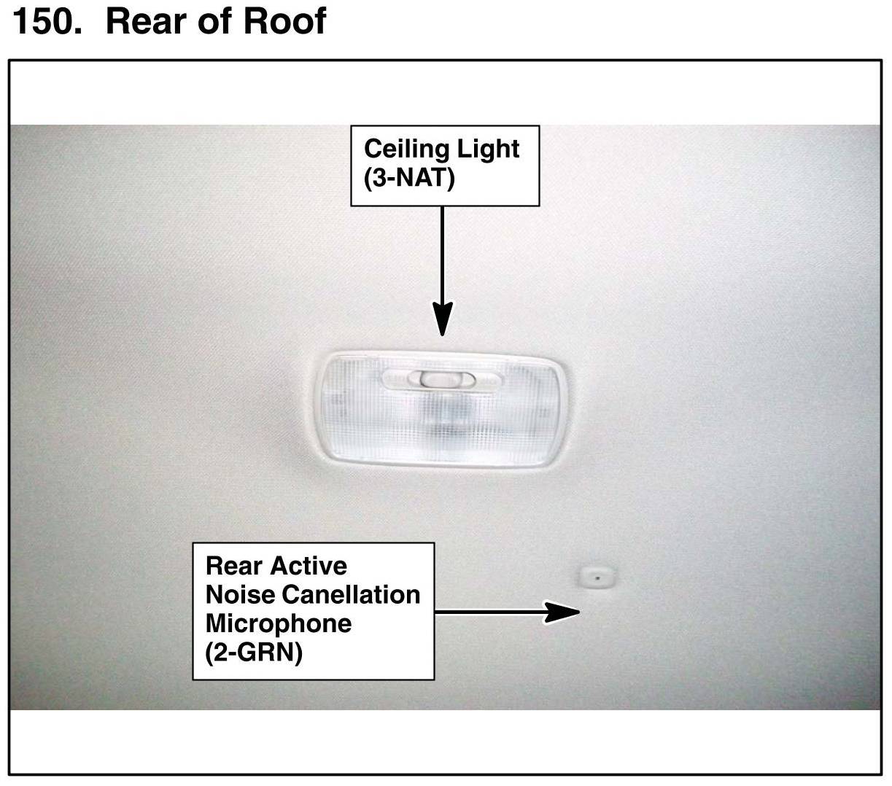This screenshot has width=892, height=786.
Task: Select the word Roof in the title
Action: click(x=284, y=20)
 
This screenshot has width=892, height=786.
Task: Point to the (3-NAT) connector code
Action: click(x=409, y=178)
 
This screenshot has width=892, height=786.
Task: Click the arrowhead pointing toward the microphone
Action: click(x=562, y=612)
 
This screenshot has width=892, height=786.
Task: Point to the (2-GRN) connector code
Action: click(x=254, y=653)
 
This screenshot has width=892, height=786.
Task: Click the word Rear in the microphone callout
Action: click(x=234, y=566)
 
